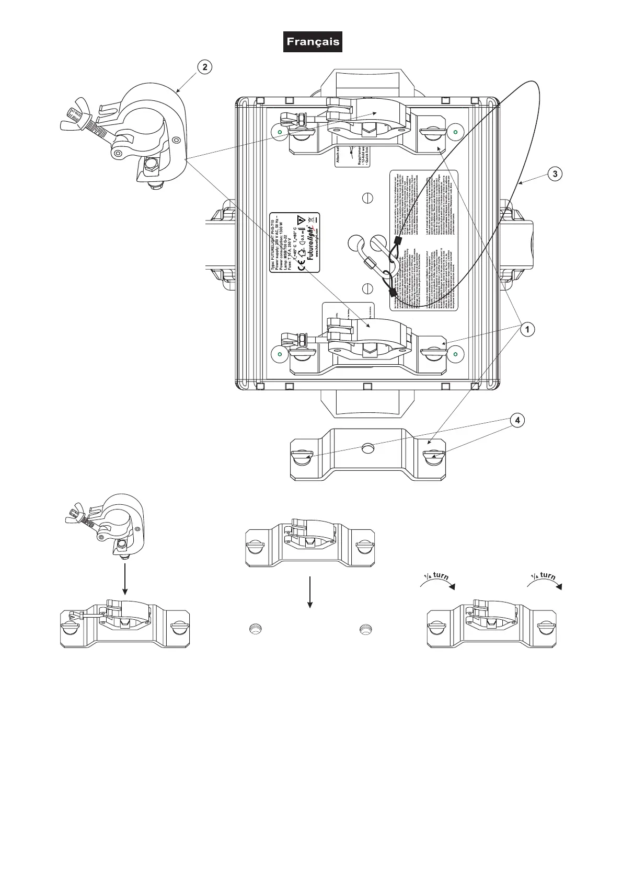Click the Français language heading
[313, 42]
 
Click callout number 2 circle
[205, 67]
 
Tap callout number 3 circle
[556, 173]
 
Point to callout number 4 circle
[517, 420]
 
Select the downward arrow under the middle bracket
[310, 592]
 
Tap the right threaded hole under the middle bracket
[364, 630]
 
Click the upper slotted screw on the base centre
[368, 198]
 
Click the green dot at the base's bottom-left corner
[280, 355]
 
